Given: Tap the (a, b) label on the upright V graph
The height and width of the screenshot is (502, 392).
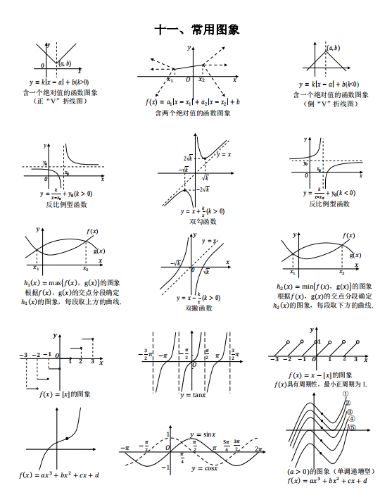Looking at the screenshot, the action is [64, 63].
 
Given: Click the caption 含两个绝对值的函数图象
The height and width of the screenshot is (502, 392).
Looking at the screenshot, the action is [190, 113].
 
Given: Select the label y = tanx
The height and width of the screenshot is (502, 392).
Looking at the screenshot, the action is [191, 395].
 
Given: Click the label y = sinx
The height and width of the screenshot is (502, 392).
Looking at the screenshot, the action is [203, 434].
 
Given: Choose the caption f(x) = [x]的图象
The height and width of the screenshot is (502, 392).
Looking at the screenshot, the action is [65, 394].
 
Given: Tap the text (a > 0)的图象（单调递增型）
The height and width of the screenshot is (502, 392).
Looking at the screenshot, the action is [330, 471].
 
